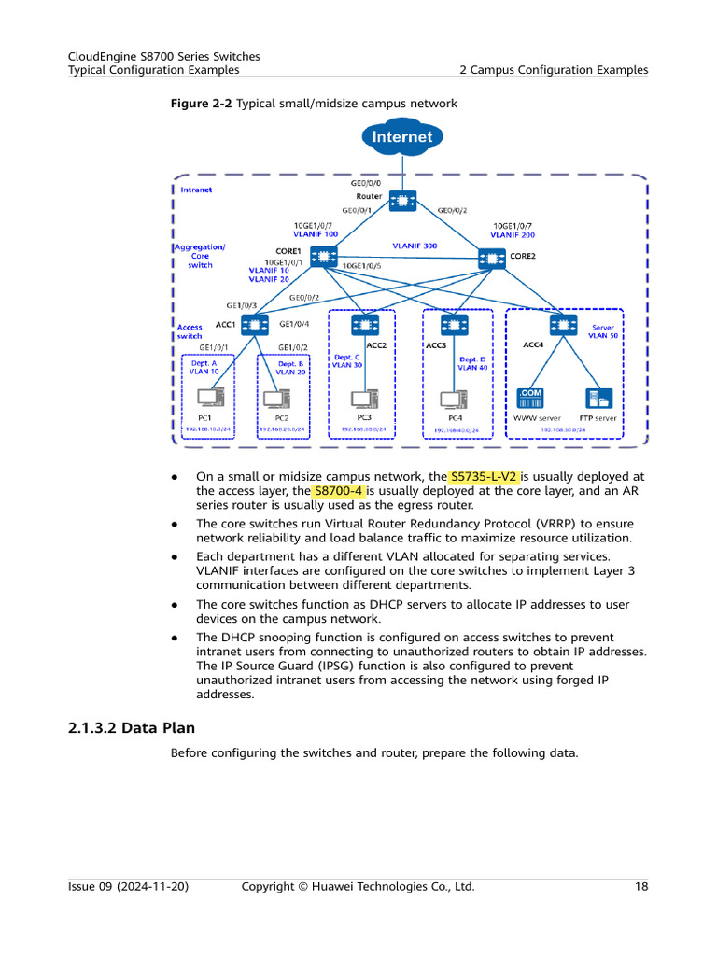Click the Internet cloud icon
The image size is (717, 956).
(402, 138)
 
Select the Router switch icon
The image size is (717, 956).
(403, 201)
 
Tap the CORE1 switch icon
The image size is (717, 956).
(324, 256)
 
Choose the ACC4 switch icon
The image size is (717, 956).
(562, 324)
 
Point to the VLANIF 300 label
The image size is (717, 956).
(414, 246)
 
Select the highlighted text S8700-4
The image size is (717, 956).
(339, 490)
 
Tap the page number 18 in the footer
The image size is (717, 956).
(640, 886)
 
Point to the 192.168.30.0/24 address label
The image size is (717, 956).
(365, 429)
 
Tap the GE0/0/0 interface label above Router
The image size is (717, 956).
(365, 184)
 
